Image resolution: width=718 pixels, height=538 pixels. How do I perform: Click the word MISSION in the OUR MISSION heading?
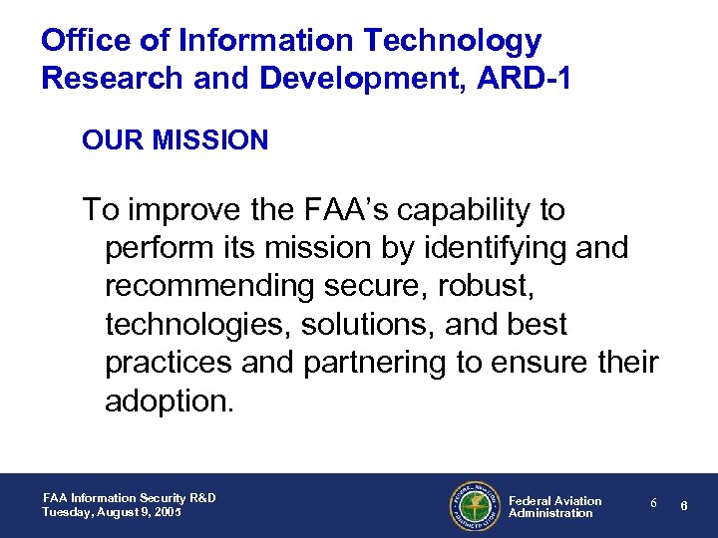coord(211,140)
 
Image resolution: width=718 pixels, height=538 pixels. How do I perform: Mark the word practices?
coord(170,362)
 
